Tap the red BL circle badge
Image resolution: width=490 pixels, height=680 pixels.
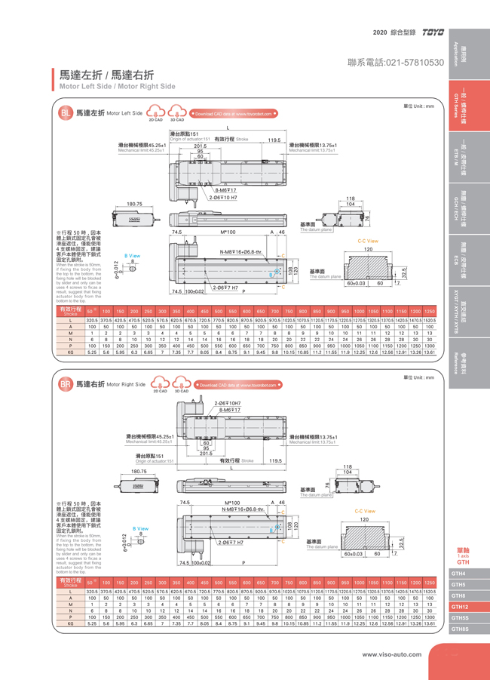coord(66,114)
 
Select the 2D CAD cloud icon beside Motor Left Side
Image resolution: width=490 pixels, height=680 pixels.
coord(155,114)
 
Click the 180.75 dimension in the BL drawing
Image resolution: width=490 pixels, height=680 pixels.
coord(134,204)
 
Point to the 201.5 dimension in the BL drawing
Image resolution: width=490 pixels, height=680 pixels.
coord(200,146)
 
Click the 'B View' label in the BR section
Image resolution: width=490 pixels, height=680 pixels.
coord(140,528)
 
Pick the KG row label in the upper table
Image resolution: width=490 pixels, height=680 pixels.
coord(70,352)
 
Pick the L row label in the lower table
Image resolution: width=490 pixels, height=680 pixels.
coord(70,591)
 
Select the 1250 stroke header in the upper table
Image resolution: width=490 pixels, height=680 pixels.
coord(429,311)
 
